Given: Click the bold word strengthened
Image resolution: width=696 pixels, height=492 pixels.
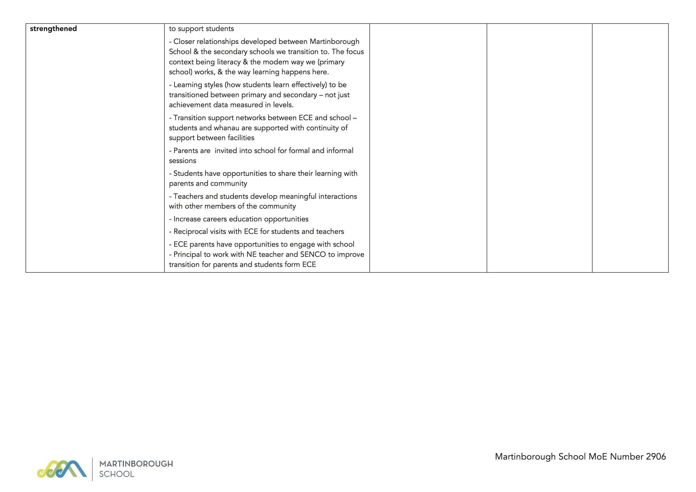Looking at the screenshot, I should (53, 29).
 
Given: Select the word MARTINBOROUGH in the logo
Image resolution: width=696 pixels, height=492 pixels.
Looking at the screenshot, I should (136, 464).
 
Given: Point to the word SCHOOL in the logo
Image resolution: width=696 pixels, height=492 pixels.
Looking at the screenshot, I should (117, 474).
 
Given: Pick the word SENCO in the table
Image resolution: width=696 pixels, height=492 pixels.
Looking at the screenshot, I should (313, 254).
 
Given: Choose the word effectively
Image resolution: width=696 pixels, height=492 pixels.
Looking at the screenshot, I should (309, 85).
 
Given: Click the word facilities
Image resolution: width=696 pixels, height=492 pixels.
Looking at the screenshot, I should (241, 138).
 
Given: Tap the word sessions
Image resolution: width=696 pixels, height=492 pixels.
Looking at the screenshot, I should (182, 161).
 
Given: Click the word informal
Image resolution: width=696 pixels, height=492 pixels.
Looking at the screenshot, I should (340, 151).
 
